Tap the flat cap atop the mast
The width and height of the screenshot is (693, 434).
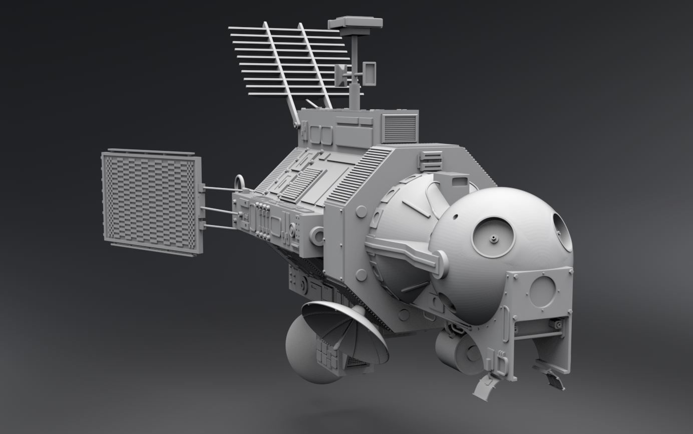tap(355, 23)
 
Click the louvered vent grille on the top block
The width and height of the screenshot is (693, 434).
tap(400, 128)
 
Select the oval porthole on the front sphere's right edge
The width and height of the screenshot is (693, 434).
tap(562, 232)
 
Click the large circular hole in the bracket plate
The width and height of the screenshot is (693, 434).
tap(542, 292)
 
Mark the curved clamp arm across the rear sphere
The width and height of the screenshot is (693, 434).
tap(406, 251)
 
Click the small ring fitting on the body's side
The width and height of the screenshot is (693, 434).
tap(316, 235)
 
